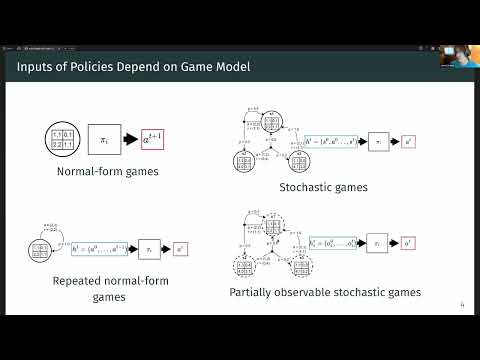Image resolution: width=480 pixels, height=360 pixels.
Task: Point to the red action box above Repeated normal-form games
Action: pyautogui.click(x=181, y=245)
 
